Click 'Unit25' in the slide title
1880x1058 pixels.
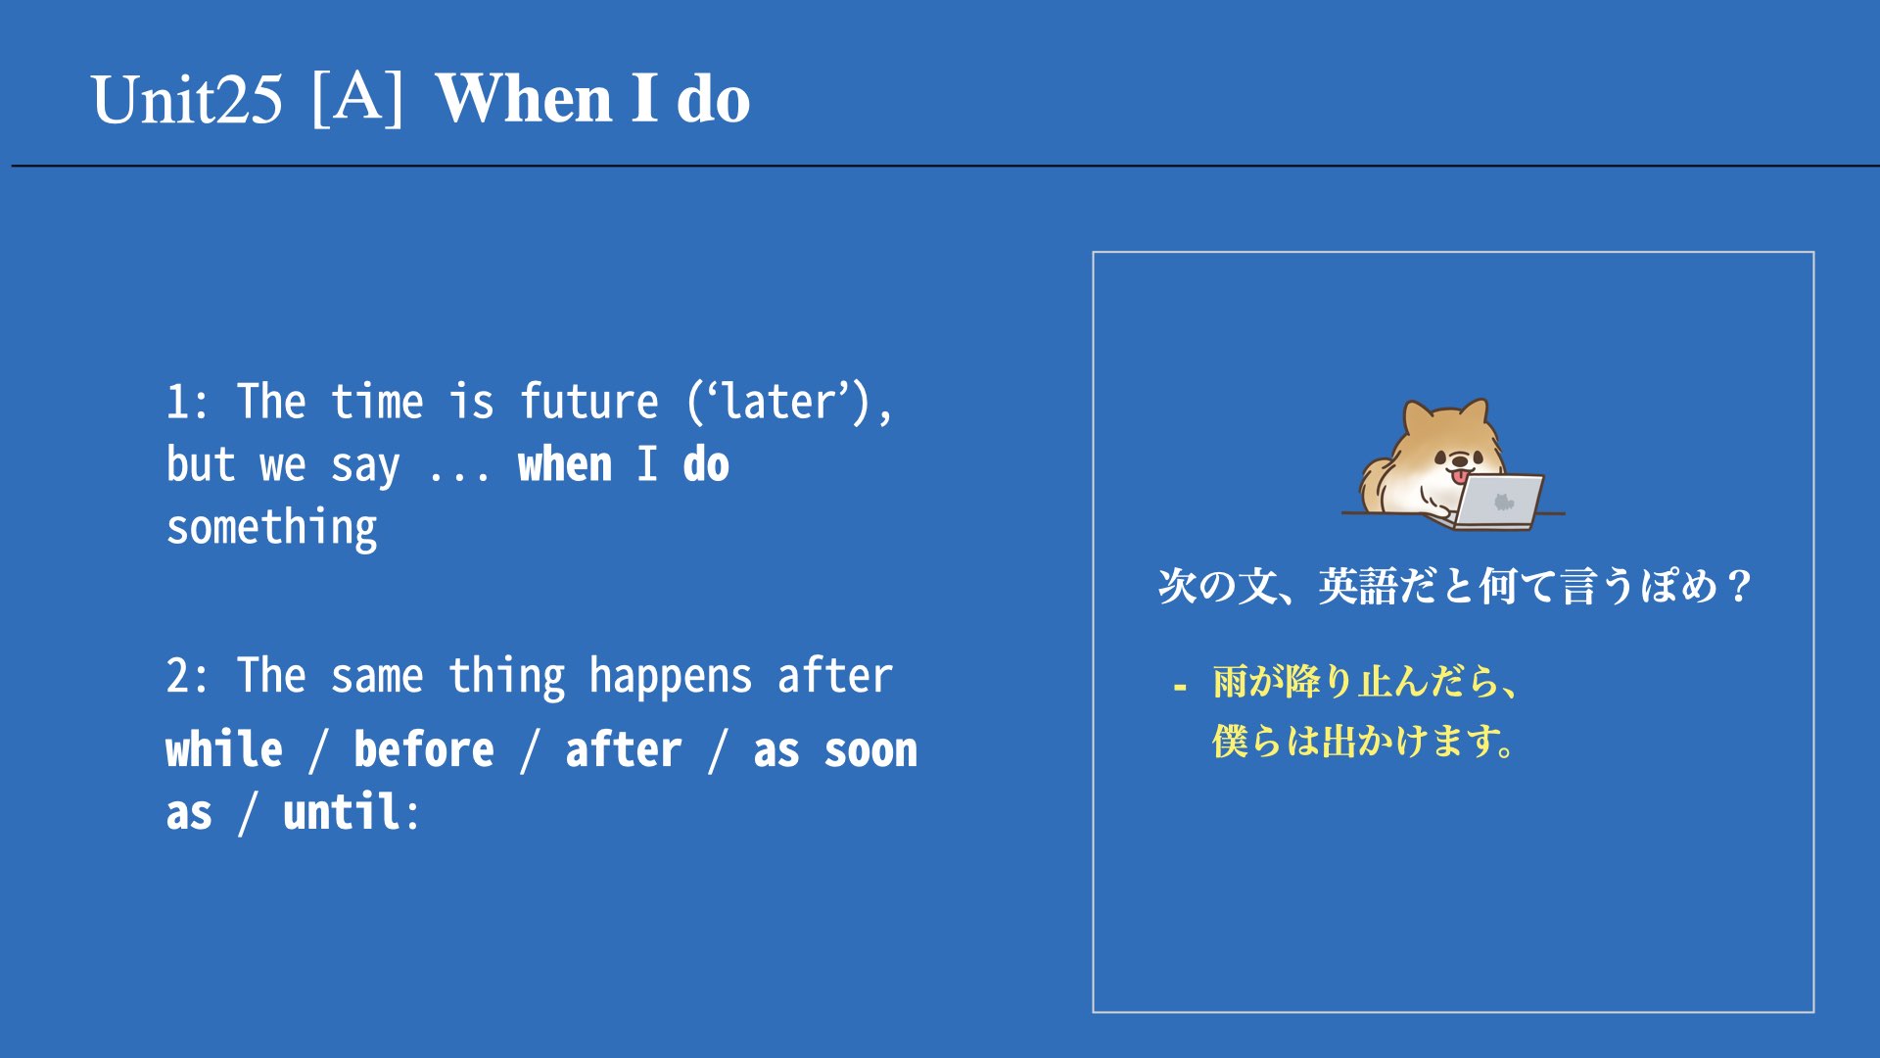(187, 100)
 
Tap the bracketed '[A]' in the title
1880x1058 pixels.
(357, 98)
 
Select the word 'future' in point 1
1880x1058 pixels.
(589, 402)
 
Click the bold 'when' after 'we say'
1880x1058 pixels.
(565, 464)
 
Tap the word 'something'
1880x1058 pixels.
(271, 529)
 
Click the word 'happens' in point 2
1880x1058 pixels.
(671, 677)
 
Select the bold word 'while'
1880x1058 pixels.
(224, 749)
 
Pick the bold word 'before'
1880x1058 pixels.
(424, 749)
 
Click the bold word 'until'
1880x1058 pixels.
(342, 812)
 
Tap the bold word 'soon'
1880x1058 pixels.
(870, 751)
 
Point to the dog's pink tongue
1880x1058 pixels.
(1461, 477)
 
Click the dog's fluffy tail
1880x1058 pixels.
(1378, 481)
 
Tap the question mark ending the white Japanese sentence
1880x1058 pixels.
(1739, 587)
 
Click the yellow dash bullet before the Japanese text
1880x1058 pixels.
(1180, 688)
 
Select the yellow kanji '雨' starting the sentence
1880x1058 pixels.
(1230, 682)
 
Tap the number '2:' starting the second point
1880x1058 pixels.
(187, 677)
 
